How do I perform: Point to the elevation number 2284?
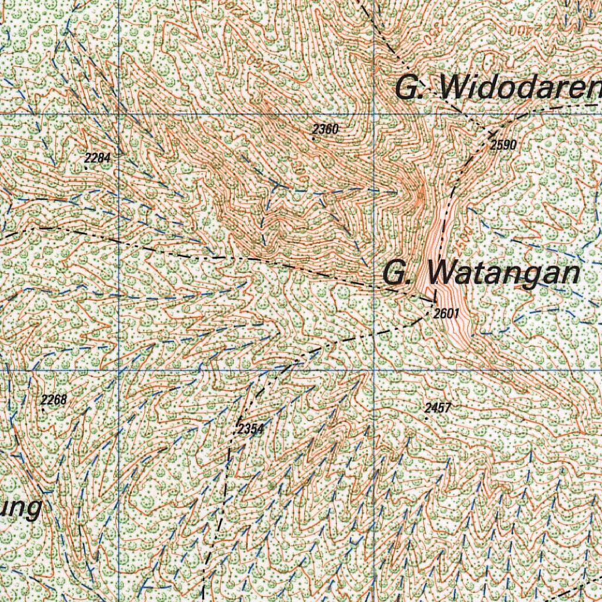click(x=97, y=158)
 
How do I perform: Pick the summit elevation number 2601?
click(x=446, y=314)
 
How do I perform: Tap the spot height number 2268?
click(x=54, y=400)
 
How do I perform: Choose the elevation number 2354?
click(x=250, y=429)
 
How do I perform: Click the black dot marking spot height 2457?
click(x=426, y=418)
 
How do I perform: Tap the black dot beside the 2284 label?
click(x=86, y=168)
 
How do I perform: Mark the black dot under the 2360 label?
click(x=314, y=139)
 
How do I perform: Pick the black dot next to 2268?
click(x=43, y=409)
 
